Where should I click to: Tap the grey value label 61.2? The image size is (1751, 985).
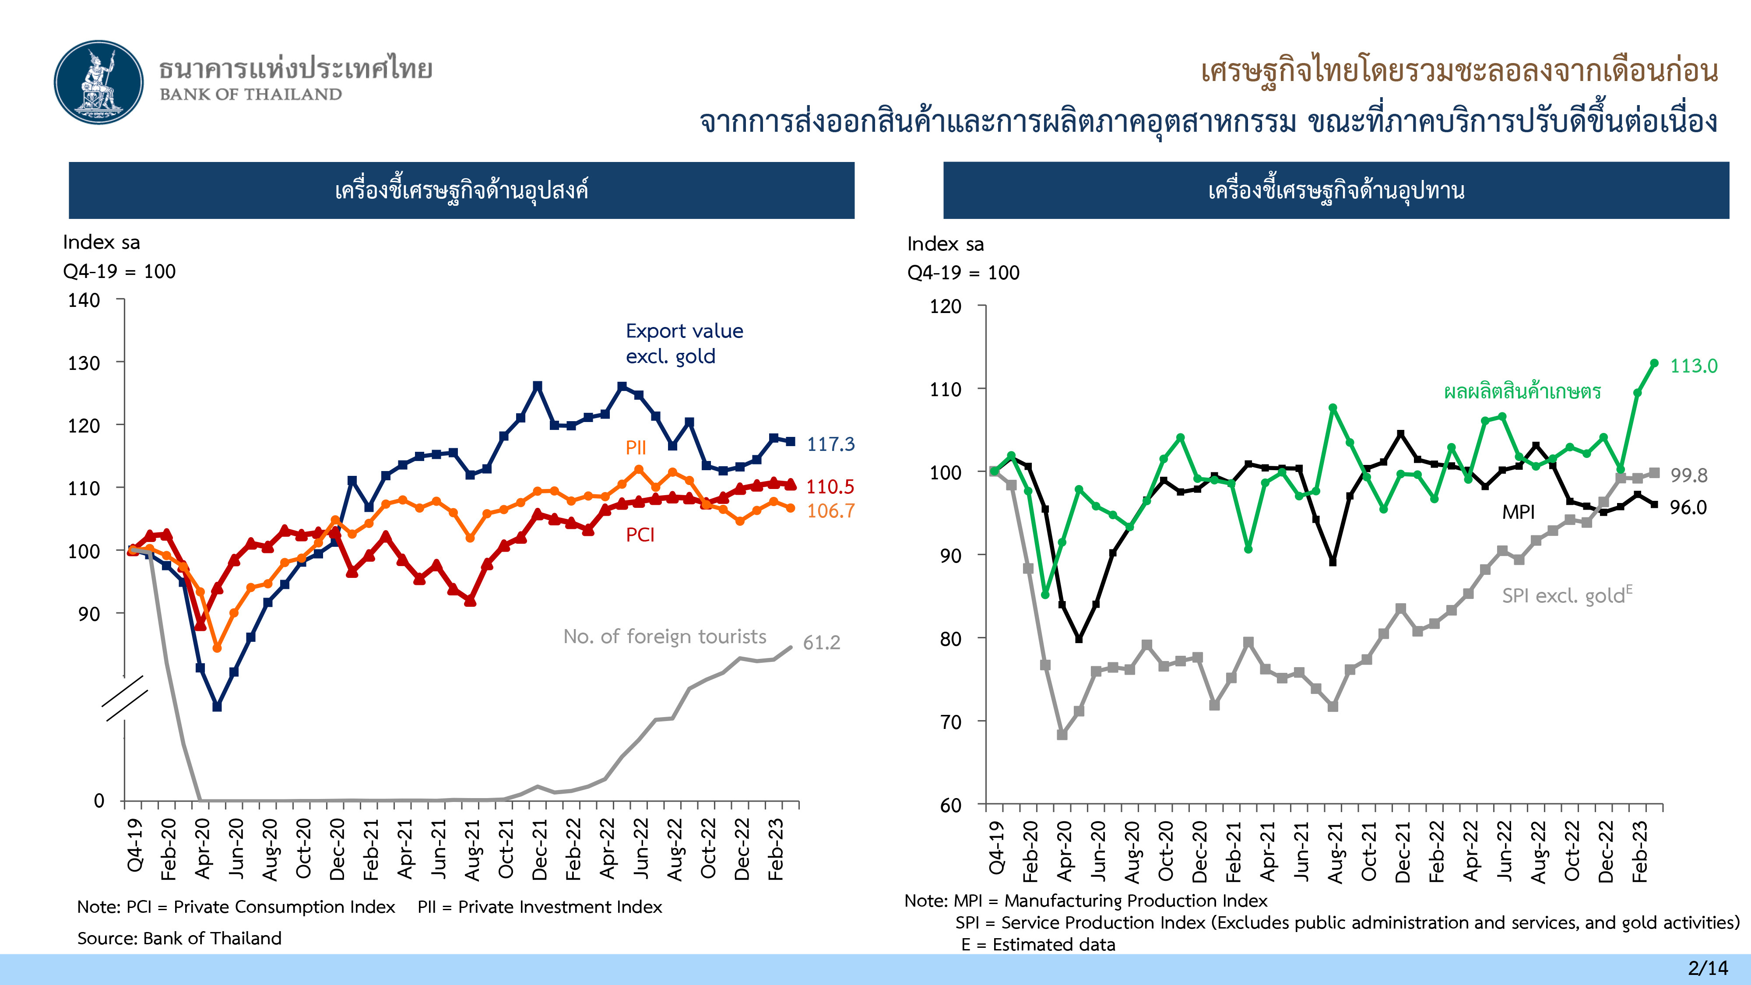coord(821,642)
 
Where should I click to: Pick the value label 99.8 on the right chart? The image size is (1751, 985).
coord(1688,475)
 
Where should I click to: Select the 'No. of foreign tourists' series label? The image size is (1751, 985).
coord(664,636)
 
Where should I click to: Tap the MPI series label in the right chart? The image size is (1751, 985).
coord(1518,512)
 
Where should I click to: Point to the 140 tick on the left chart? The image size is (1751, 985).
coord(84,300)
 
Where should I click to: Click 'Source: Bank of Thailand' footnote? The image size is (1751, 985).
coord(179,938)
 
